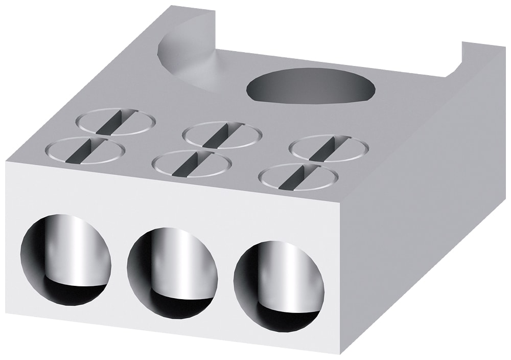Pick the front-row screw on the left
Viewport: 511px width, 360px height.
click(x=85, y=150)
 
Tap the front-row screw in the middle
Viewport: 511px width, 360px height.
click(x=192, y=164)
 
